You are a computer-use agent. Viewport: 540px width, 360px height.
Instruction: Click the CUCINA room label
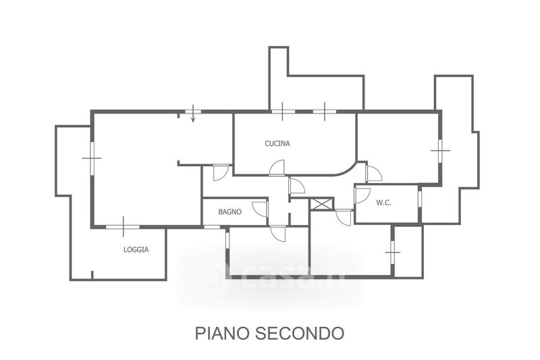(277, 144)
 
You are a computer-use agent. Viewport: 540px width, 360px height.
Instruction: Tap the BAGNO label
(230, 212)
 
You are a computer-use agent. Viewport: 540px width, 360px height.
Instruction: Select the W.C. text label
(385, 202)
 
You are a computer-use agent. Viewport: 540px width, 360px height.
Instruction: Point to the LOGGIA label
(136, 249)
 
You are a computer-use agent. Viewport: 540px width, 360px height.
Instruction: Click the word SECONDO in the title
(304, 333)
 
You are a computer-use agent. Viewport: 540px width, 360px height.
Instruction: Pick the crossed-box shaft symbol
(321, 203)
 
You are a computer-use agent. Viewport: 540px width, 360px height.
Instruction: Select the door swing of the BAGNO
(261, 209)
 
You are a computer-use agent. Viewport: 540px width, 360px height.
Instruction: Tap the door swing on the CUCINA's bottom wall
(277, 168)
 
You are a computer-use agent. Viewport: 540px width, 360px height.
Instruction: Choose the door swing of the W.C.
(363, 196)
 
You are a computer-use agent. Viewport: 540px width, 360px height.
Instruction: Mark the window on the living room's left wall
(92, 158)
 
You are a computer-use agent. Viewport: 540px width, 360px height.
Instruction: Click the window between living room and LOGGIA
(124, 226)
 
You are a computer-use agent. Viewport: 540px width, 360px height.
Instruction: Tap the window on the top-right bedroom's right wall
(440, 151)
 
